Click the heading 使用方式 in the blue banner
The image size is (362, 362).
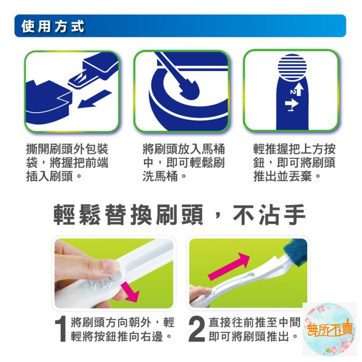53,26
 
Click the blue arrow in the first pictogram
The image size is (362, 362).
94,99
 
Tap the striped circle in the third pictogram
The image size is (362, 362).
292,67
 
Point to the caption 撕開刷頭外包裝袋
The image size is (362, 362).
67,156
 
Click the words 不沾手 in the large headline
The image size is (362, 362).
269,215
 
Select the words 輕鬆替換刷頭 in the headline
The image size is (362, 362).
129,215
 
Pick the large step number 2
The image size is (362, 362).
197,329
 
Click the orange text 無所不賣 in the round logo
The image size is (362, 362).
330,329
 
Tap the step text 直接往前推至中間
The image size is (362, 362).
254,322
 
